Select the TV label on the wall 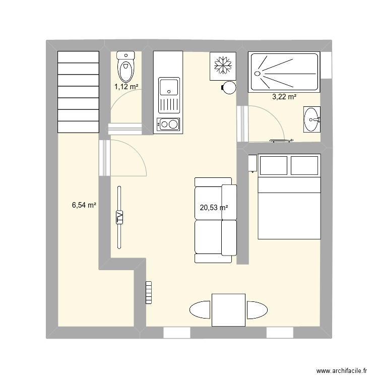[120, 217]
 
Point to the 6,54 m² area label [84, 205]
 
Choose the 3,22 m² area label [284, 97]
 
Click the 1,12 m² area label [126, 86]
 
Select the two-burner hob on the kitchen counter [168, 124]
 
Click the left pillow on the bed [273, 165]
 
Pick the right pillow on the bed [304, 165]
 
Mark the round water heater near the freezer [229, 88]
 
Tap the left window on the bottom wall [176, 333]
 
